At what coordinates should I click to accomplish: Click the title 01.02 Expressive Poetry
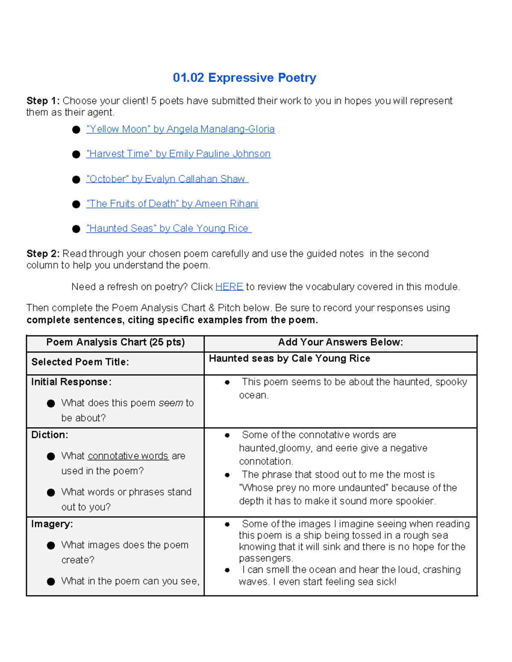(x=244, y=78)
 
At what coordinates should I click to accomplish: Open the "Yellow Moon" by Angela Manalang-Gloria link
(x=180, y=129)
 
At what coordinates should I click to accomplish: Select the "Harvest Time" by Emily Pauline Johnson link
(x=178, y=154)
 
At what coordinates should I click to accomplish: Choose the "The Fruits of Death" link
(x=172, y=204)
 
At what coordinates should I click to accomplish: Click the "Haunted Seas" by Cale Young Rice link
(x=168, y=228)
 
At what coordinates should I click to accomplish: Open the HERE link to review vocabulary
(x=229, y=287)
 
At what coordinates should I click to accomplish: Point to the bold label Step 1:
(x=43, y=101)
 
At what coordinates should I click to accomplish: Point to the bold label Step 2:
(x=43, y=254)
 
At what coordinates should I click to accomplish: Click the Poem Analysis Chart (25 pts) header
(x=115, y=342)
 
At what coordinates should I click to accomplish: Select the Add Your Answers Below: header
(x=340, y=342)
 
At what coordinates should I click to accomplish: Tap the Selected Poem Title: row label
(x=80, y=362)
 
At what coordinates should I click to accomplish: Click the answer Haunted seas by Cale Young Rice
(x=289, y=358)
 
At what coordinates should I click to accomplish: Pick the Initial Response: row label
(x=71, y=382)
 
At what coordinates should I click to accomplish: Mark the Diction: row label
(x=49, y=435)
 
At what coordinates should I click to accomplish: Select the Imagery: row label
(x=52, y=524)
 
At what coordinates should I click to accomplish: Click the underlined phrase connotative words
(x=128, y=456)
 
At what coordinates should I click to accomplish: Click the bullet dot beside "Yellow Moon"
(x=76, y=130)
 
